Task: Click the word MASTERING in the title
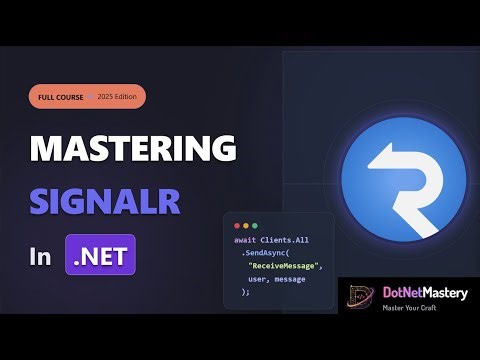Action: point(133,148)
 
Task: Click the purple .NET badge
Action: point(100,255)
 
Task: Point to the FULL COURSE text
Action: point(61,98)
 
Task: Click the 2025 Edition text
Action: point(119,98)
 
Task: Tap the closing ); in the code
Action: point(245,293)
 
